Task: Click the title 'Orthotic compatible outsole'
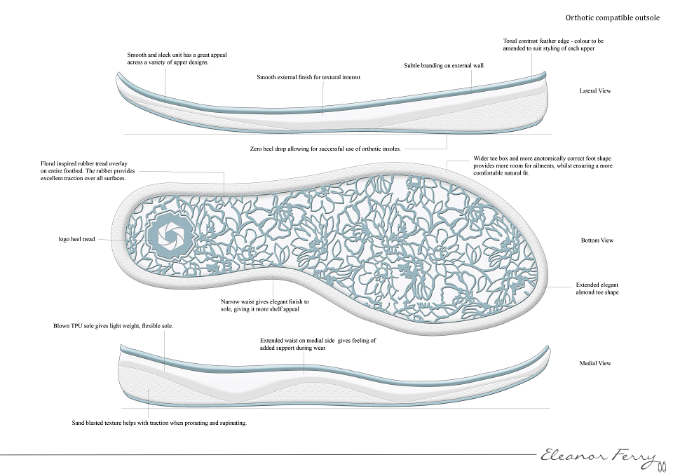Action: coord(613,18)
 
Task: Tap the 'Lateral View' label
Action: coord(595,90)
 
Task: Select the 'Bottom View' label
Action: coord(597,240)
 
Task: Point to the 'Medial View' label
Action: coord(595,363)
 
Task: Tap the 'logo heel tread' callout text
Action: coord(76,239)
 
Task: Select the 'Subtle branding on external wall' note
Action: coord(444,66)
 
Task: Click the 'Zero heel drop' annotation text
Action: coord(325,149)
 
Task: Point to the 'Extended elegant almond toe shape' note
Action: coord(597,288)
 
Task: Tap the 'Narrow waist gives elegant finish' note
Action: coord(265,305)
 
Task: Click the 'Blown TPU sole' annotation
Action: coord(114,326)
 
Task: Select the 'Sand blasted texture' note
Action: coord(159,423)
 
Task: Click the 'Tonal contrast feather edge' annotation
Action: coord(553,45)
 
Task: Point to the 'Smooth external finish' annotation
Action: coord(308,77)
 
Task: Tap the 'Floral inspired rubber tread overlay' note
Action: coord(88,171)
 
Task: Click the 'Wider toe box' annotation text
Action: coord(543,165)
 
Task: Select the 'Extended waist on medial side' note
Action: coord(318,344)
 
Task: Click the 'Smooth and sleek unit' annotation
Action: coord(177,58)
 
